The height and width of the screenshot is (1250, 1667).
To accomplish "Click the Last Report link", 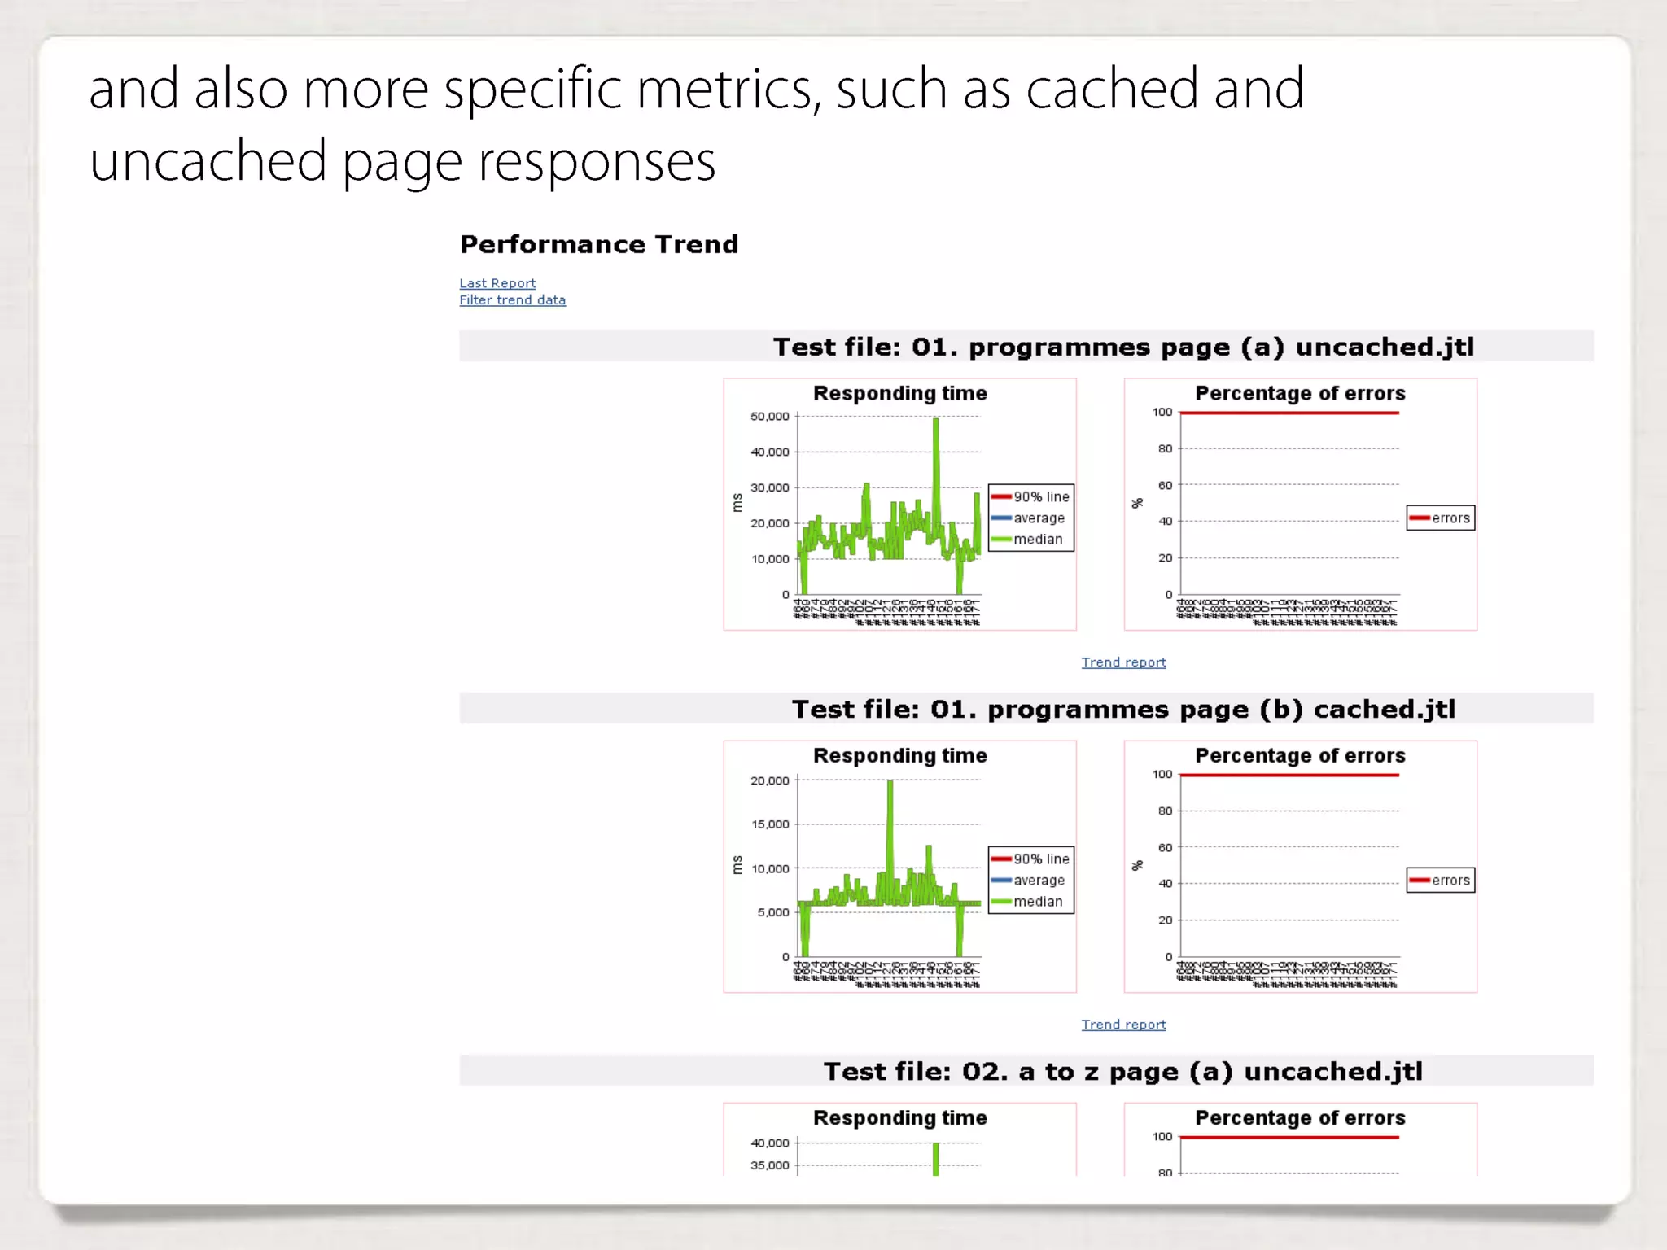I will (x=497, y=283).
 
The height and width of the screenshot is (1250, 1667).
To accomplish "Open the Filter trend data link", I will (x=512, y=300).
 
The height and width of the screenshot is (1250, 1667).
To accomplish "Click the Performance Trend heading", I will (x=599, y=244).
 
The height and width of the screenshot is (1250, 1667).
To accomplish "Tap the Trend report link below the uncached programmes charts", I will (x=1123, y=662).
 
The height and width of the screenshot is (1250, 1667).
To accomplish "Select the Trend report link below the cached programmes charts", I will (x=1123, y=1025).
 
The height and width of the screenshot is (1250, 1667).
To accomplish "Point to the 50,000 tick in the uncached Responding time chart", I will (x=770, y=417).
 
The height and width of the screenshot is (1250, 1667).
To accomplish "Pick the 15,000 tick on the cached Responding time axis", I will (x=770, y=824).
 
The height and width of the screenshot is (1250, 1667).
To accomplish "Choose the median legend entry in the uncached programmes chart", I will (x=1037, y=540).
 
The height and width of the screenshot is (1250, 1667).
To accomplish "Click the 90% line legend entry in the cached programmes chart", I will (x=1040, y=859).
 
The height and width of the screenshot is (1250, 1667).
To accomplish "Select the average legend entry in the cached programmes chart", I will (x=1039, y=881).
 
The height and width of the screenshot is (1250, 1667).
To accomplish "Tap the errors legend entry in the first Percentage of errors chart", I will (x=1450, y=518).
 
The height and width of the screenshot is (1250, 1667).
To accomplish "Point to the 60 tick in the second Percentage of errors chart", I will (x=1166, y=847).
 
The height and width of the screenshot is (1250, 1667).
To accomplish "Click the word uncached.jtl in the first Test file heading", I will (x=1385, y=347).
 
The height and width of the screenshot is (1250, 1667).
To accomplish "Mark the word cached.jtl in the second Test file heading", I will (x=1385, y=710).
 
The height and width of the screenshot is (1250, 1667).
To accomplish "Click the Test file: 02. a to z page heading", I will (x=1123, y=1071).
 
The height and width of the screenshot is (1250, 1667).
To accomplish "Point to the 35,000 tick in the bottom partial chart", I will (x=770, y=1165).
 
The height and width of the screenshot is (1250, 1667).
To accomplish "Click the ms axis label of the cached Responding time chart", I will (x=737, y=865).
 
